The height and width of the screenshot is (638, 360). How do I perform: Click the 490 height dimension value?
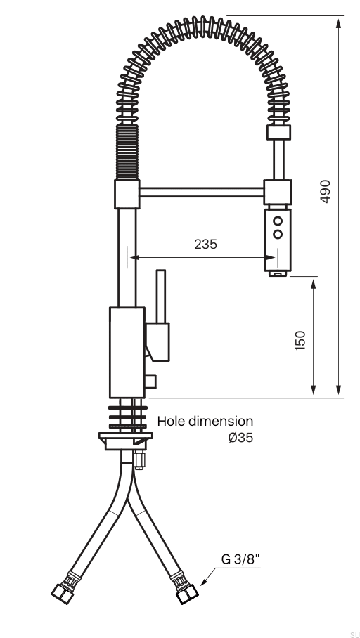(325, 191)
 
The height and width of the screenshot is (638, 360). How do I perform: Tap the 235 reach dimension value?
(205, 244)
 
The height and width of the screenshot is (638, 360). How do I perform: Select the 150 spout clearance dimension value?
(300, 341)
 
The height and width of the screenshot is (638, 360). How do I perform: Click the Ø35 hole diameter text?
(240, 438)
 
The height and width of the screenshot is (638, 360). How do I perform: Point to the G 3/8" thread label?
(240, 559)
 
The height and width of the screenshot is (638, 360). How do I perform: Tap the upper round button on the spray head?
(278, 221)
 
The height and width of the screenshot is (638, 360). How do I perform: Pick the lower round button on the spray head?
(278, 235)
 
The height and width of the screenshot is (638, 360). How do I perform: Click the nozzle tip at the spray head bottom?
(278, 274)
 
